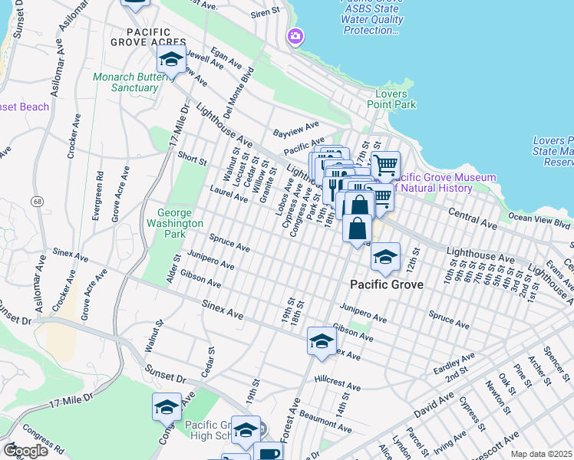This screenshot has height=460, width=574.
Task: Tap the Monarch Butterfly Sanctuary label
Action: pyautogui.click(x=125, y=82)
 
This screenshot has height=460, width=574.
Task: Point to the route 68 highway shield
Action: pyautogui.click(x=36, y=201)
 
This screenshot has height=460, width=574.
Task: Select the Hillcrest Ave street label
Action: pyautogui.click(x=337, y=386)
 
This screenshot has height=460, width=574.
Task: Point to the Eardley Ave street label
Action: pyautogui.click(x=454, y=360)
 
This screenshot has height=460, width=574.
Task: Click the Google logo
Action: pyautogui.click(x=25, y=451)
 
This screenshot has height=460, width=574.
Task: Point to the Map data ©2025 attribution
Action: pyautogui.click(x=540, y=455)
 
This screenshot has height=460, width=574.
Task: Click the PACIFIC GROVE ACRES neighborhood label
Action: pyautogui.click(x=148, y=41)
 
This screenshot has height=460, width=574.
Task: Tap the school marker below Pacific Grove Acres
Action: pyautogui.click(x=171, y=58)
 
